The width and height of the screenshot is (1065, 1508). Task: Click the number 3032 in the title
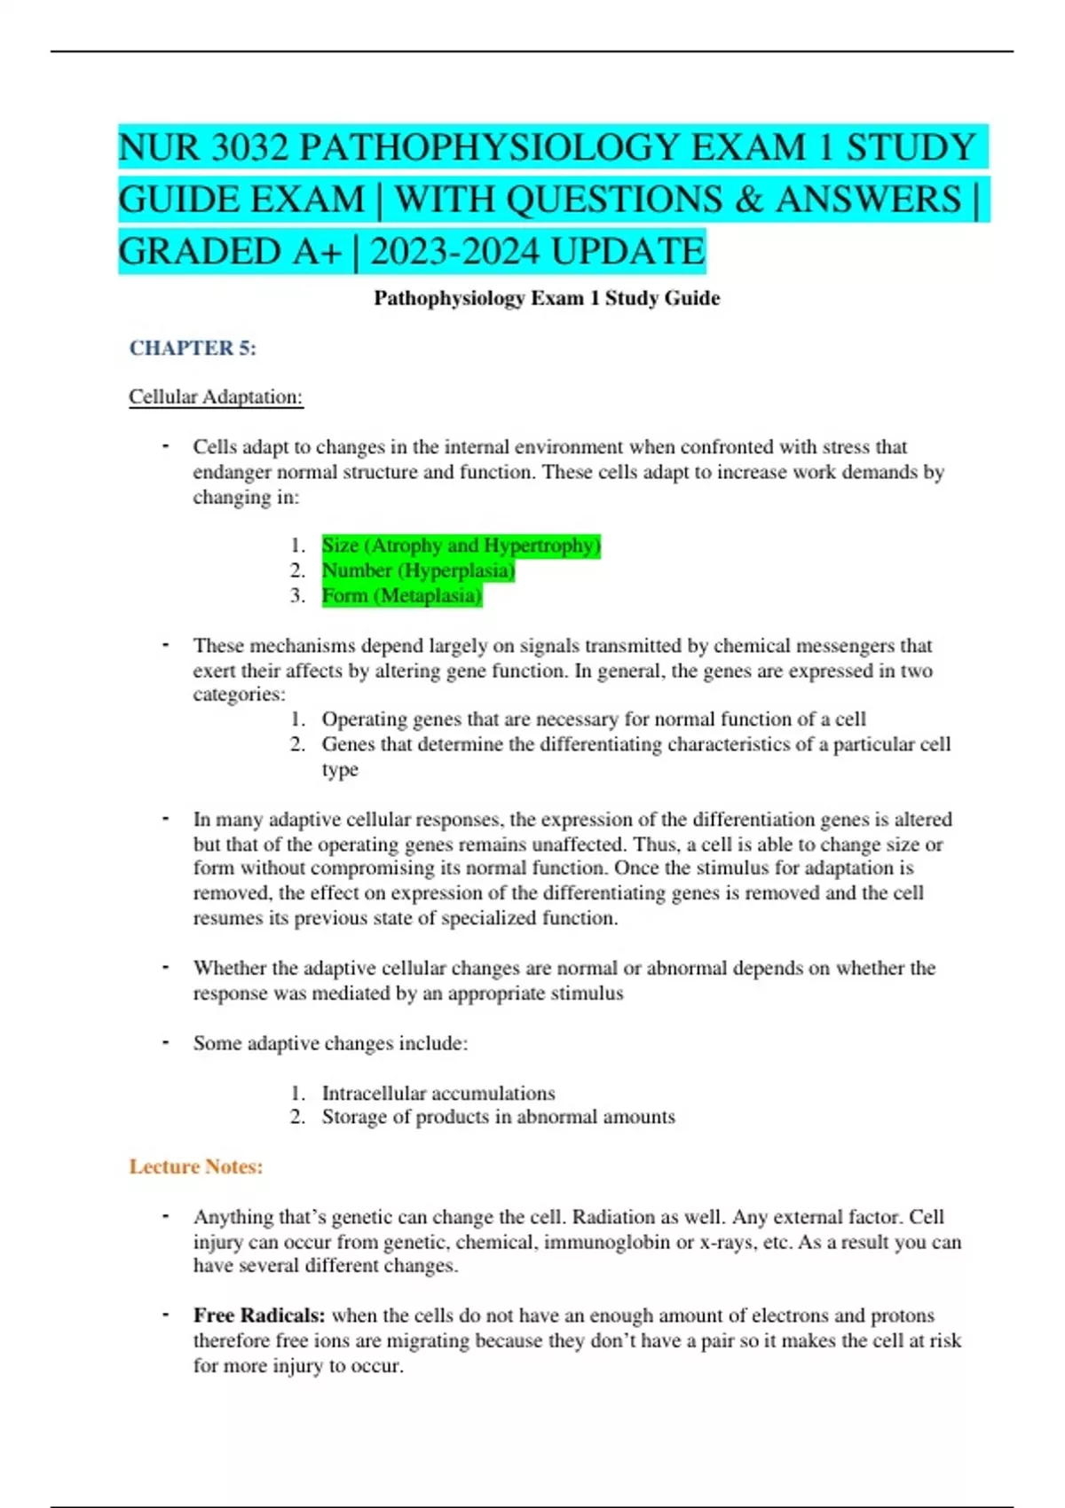tap(249, 147)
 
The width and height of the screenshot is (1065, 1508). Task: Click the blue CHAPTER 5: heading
tap(193, 348)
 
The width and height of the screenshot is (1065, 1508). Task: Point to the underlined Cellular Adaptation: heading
tap(216, 397)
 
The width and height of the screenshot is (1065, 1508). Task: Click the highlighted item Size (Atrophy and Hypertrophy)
tap(461, 546)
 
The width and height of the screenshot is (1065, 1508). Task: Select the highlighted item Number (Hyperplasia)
tap(418, 570)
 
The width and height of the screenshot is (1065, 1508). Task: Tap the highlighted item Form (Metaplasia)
tap(401, 595)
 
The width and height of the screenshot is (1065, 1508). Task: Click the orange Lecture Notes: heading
tap(196, 1166)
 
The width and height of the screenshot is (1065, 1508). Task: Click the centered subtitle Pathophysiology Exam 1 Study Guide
tap(547, 298)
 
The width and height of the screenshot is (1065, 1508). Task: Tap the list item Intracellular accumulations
tap(438, 1093)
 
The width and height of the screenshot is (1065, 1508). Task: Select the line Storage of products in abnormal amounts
tap(498, 1117)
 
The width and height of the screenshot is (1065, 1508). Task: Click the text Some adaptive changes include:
tap(330, 1043)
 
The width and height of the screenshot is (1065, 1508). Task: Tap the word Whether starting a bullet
tap(230, 968)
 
